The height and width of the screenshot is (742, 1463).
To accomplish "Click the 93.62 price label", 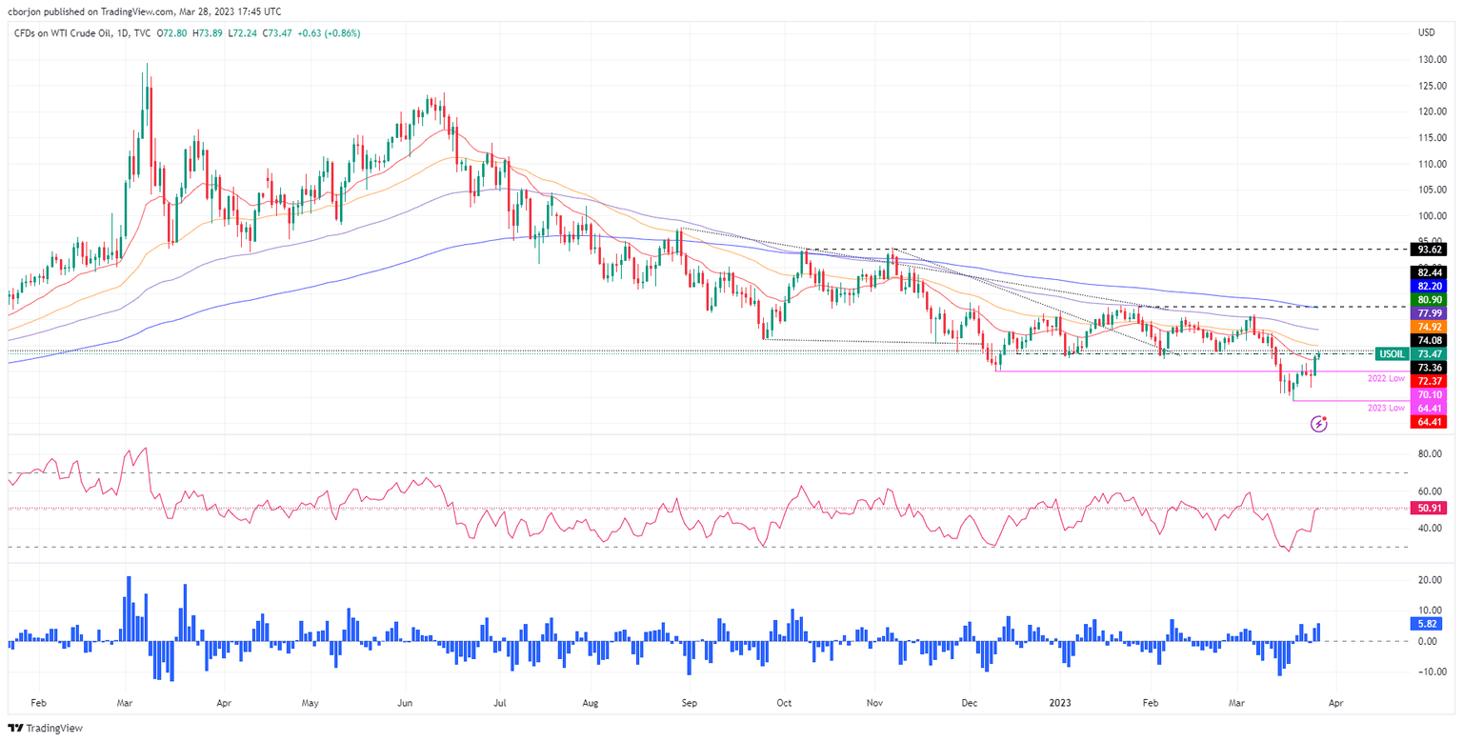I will click(x=1426, y=250).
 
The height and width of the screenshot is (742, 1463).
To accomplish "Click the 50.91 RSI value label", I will click(x=1426, y=509).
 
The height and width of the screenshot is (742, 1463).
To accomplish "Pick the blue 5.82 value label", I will click(x=1426, y=624).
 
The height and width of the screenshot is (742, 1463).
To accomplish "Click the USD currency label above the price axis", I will click(x=1426, y=33).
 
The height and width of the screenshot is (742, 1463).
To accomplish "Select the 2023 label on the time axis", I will click(x=1059, y=702).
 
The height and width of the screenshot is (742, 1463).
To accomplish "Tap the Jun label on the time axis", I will click(x=405, y=702).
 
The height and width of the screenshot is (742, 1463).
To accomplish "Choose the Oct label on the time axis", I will click(x=783, y=702).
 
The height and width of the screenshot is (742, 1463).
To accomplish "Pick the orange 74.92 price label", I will click(x=1426, y=326).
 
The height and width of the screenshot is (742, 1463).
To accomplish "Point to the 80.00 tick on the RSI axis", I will click(x=1428, y=455).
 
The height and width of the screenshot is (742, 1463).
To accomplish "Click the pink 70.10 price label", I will click(x=1426, y=394).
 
